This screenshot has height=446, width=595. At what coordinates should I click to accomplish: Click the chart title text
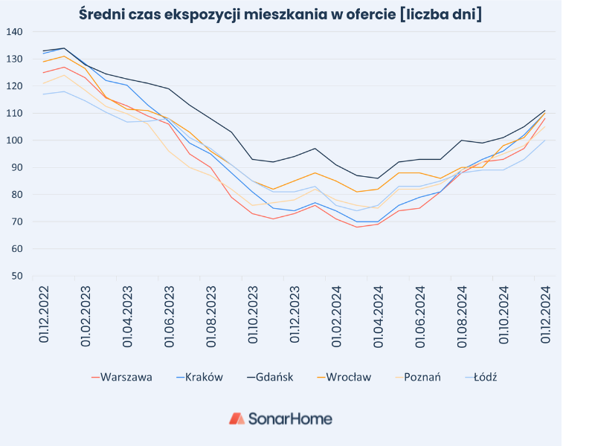[x=280, y=13]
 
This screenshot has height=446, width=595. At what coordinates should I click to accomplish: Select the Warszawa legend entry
[x=126, y=377]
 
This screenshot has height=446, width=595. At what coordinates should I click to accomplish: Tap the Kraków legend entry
[x=203, y=377]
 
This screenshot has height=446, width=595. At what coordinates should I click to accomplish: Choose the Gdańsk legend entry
[x=274, y=377]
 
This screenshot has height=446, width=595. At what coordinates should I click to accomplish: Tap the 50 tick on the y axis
[x=17, y=276]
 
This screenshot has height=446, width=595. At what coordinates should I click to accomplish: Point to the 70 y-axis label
[x=17, y=222]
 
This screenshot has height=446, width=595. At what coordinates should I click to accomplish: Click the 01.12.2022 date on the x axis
[x=44, y=314]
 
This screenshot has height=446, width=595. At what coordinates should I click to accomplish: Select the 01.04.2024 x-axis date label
[x=379, y=314]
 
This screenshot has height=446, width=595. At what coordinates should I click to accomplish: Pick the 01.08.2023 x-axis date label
[x=211, y=314]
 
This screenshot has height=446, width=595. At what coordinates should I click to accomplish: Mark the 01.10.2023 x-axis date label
[x=253, y=314]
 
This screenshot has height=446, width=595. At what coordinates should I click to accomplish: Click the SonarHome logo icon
[x=237, y=418]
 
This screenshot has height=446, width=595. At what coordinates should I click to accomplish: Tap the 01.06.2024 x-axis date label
[x=420, y=314]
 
